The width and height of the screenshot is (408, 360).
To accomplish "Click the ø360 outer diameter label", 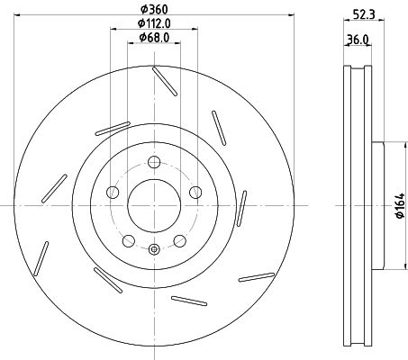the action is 154,9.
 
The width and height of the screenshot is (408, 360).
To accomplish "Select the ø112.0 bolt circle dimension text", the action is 154,23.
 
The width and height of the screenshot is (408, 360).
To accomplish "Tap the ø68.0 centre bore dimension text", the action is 154,37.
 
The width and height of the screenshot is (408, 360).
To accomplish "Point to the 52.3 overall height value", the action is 364,13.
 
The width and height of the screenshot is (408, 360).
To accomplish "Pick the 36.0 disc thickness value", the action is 358,40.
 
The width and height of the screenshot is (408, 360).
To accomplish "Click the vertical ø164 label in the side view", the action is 400,206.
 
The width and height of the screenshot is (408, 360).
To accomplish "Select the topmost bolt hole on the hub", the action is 154,162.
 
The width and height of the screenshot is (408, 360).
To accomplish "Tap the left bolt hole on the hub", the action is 113,192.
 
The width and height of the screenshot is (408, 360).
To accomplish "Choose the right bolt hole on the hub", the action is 195,192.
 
